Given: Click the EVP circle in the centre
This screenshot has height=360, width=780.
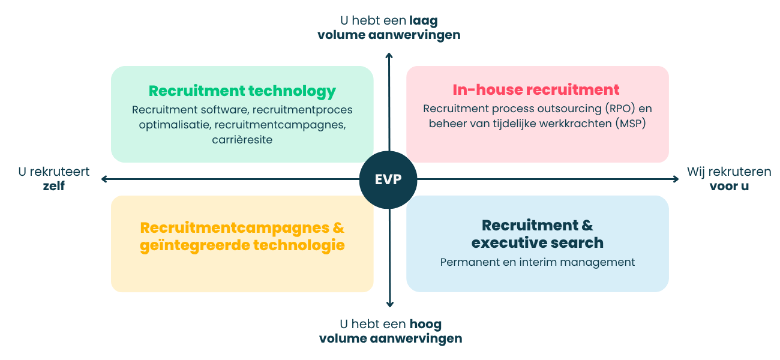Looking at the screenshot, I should coord(389,179).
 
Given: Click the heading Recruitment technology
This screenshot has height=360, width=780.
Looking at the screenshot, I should coord(242,91).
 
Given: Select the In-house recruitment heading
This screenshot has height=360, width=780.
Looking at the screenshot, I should coord(536,90).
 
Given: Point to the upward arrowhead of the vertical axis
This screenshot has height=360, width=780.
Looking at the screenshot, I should coord(389,55).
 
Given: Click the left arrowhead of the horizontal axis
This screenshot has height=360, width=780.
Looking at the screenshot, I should coord(104,179).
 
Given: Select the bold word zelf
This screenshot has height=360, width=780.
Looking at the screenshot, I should coord(53,186).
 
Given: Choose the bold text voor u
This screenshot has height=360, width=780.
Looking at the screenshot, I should coord(729,186).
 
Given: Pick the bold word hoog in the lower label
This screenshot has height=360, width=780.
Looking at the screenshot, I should coord(425,325).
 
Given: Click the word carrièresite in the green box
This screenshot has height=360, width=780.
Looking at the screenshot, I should coord(242,140).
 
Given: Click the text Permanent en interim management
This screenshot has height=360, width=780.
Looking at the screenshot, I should coord(537,262).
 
